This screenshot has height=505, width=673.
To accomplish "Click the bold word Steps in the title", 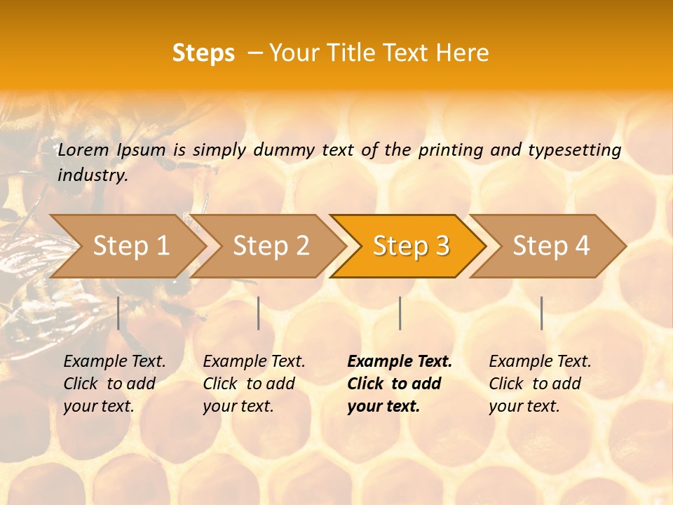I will pos(203,53).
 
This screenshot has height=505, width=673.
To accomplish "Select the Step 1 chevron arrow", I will pos(130,245).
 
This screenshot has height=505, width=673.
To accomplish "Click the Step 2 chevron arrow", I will pos(271,245).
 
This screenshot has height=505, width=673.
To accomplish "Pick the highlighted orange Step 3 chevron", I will pos(411,245).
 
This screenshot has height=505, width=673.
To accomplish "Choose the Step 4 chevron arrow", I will pos(551,245).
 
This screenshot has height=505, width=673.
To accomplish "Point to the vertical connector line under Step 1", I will pos(118,313).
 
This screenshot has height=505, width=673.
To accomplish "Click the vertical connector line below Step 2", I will pos(259,313).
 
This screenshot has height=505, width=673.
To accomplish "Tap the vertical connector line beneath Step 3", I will pos(400,313).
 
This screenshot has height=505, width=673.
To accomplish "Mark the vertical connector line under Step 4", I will pos(542,313).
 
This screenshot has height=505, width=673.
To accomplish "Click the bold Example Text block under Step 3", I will pos(400,384).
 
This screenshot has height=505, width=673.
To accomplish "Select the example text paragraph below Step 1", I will pos(114,384).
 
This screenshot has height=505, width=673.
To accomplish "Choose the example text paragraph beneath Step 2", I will pos(254,384).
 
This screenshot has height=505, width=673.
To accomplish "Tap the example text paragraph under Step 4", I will pos(540,384).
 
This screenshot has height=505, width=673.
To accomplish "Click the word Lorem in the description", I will pos(83,150).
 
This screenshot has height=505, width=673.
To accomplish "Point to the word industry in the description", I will pos(93,175).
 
